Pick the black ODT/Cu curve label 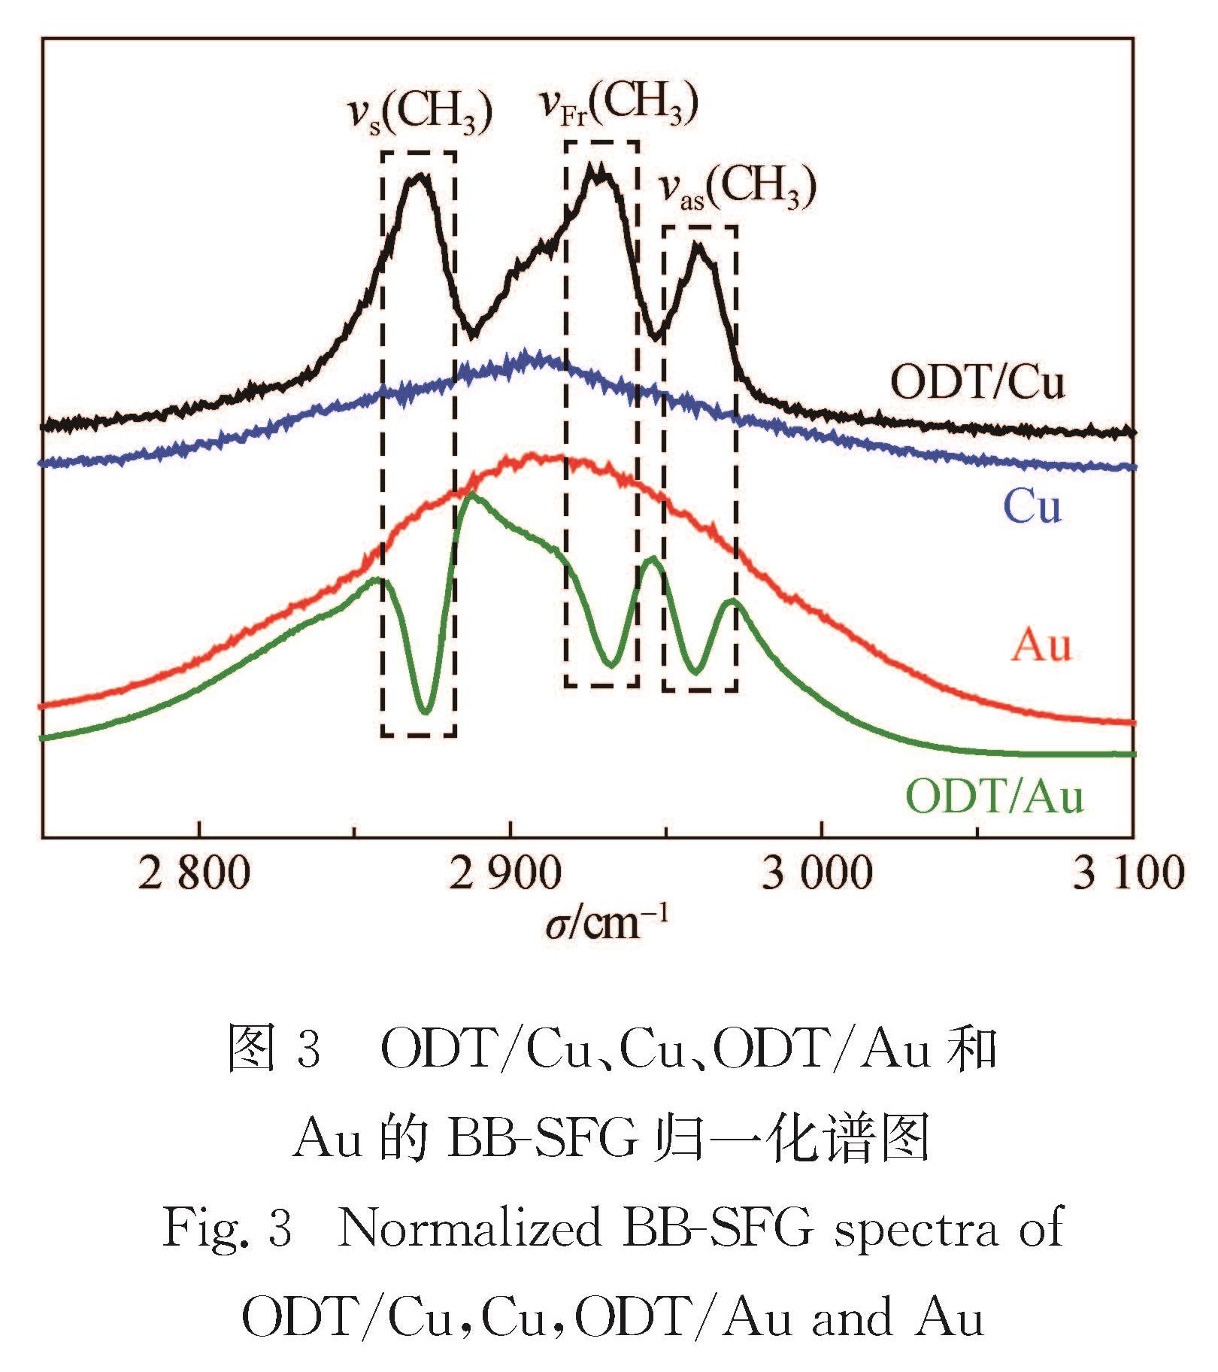pos(977,383)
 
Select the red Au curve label pos(1041,645)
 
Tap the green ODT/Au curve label pos(995,796)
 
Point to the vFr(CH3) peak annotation pos(620,103)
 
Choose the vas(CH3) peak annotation pos(738,187)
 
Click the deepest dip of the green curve pos(426,711)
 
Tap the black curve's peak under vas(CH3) pos(699,244)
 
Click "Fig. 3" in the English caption pos(227,1229)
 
